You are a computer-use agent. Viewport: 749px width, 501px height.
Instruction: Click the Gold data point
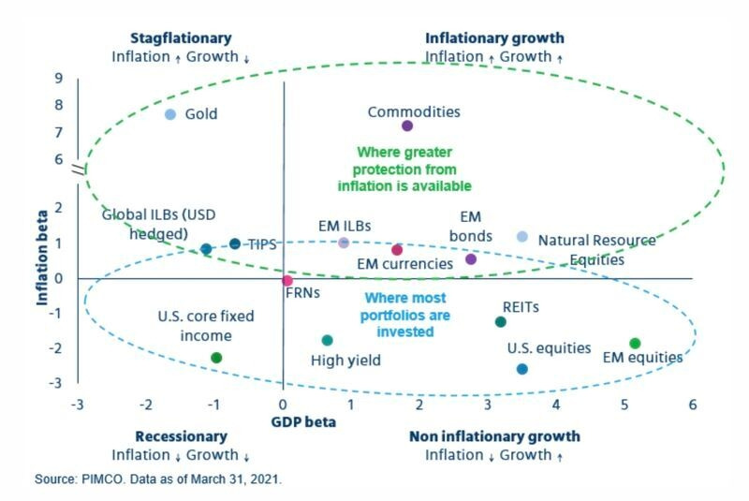[x=170, y=114]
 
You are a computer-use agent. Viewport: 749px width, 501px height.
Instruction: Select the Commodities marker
[x=407, y=125]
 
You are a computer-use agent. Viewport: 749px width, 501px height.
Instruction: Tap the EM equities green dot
[x=635, y=344]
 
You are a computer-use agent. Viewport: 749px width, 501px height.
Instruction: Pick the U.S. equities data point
[x=521, y=369]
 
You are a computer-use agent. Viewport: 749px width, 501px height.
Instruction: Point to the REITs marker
[x=500, y=322]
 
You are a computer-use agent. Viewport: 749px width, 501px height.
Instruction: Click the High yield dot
[x=327, y=341]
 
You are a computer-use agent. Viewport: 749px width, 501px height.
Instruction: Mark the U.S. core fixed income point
[x=216, y=358]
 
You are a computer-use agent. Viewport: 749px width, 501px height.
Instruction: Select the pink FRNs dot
[x=287, y=281]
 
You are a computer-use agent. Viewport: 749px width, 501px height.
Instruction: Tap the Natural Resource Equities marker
[x=522, y=237]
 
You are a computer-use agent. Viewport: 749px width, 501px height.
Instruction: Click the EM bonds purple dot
[x=471, y=258]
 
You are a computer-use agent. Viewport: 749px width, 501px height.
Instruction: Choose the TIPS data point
[x=235, y=244]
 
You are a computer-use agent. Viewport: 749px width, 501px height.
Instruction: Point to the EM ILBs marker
[x=344, y=243]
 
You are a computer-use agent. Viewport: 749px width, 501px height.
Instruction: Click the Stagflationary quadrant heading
[x=181, y=38]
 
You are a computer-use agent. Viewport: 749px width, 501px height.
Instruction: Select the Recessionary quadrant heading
[x=181, y=436]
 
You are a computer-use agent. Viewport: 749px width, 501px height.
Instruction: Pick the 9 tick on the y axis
[x=58, y=79]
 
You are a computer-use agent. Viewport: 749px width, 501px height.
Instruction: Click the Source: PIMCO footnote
[x=158, y=479]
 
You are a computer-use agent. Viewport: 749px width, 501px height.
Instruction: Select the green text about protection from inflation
[x=404, y=169]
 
